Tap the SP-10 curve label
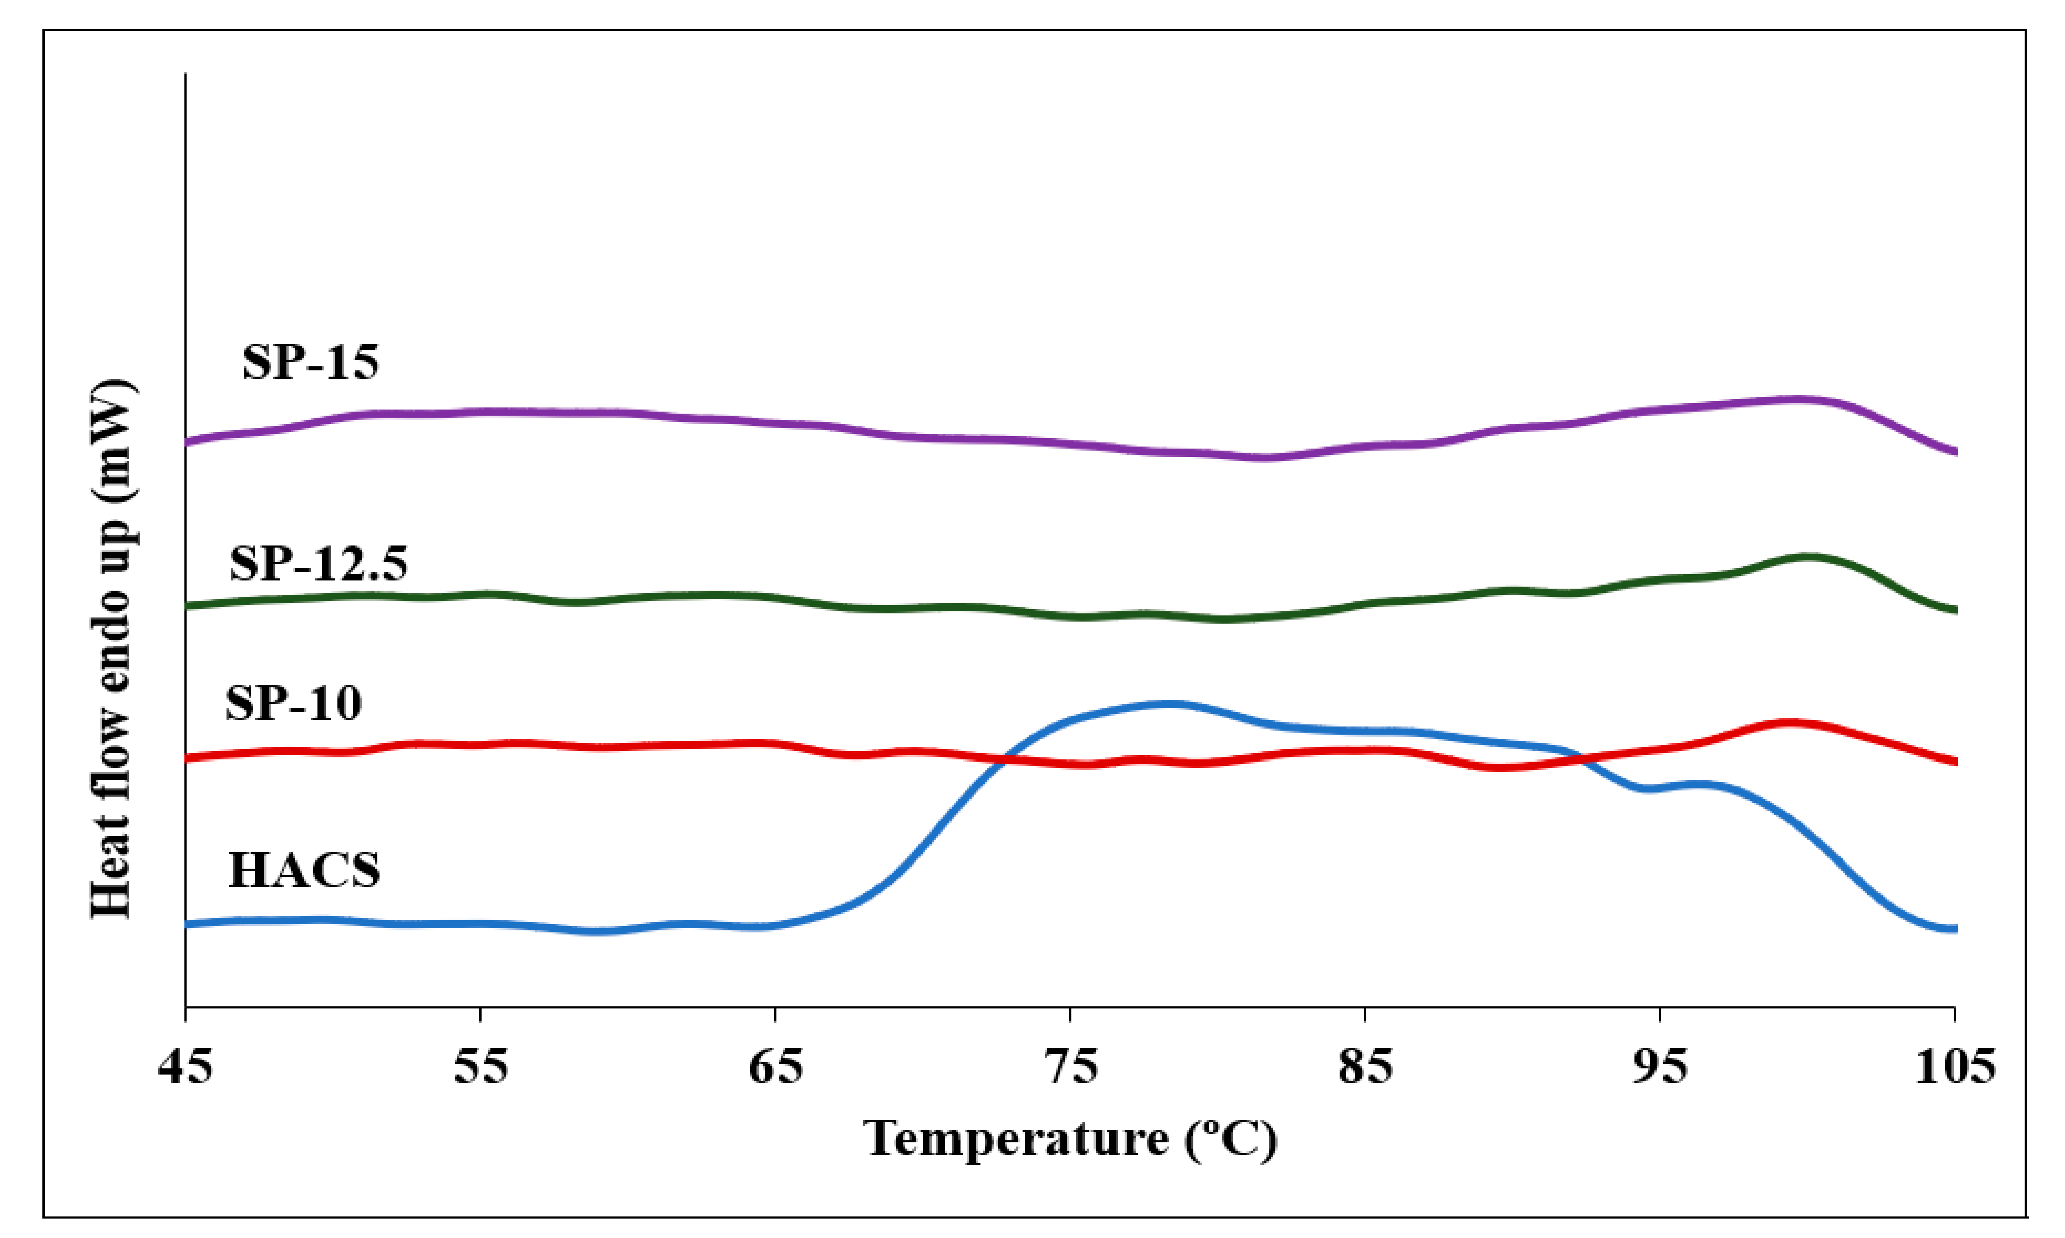294,703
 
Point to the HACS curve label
304,870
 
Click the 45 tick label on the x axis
185,1067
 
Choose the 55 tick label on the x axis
481,1067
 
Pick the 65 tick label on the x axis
775,1067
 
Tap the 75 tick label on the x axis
1070,1067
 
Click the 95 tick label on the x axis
1660,1067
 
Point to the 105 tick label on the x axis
1955,1067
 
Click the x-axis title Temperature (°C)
1070,1138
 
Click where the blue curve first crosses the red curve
1004,759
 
